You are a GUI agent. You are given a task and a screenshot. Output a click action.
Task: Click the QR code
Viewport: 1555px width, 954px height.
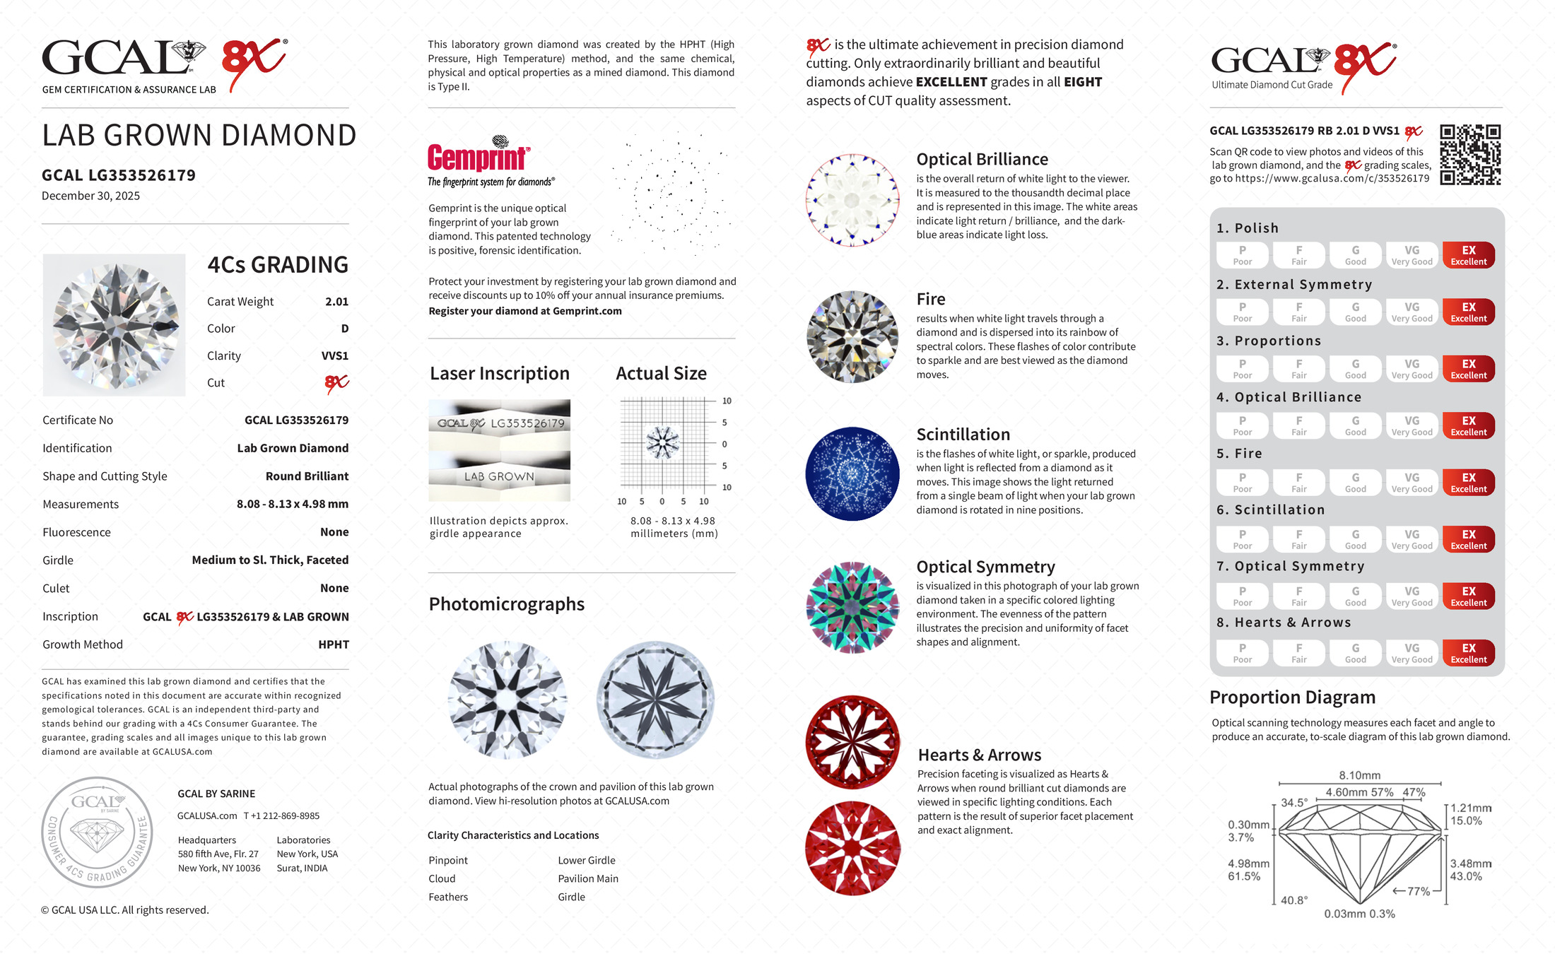1469,155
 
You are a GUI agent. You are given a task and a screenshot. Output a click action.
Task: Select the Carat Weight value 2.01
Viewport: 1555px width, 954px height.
336,302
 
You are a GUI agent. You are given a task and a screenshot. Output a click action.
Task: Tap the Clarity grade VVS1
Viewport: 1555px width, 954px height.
334,356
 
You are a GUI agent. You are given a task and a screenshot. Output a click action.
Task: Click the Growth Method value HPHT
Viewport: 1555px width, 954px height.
334,644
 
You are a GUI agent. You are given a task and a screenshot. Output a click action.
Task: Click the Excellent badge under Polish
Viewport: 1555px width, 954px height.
1468,255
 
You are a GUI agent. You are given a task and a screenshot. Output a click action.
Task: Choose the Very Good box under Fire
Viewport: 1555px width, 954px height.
1412,483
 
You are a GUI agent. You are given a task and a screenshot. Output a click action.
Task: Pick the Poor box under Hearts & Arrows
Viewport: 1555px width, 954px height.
1242,653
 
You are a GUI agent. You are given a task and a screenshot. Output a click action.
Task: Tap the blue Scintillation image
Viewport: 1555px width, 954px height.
852,473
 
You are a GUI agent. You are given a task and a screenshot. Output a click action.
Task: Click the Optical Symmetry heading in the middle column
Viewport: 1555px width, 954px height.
985,567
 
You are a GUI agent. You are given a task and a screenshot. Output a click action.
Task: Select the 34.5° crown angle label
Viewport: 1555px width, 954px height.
1294,803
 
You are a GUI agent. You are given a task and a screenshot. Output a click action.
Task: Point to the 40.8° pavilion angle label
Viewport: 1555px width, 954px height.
1294,900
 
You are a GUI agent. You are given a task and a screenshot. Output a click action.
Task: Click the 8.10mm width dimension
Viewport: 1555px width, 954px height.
1359,775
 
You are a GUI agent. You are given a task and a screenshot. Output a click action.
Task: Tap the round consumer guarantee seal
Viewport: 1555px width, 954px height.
97,832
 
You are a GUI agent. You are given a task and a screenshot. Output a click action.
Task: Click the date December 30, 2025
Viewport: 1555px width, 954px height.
90,196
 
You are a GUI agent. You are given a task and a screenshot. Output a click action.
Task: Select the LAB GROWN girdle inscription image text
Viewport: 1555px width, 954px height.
499,477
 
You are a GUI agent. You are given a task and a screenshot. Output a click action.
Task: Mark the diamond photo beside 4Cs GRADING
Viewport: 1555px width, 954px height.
115,325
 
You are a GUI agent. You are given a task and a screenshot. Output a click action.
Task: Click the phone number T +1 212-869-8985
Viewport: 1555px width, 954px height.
281,815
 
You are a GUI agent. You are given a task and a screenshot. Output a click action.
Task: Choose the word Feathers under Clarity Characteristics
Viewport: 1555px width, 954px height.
448,897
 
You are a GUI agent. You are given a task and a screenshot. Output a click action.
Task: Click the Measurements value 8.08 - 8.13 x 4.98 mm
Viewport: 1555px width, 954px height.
292,505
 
